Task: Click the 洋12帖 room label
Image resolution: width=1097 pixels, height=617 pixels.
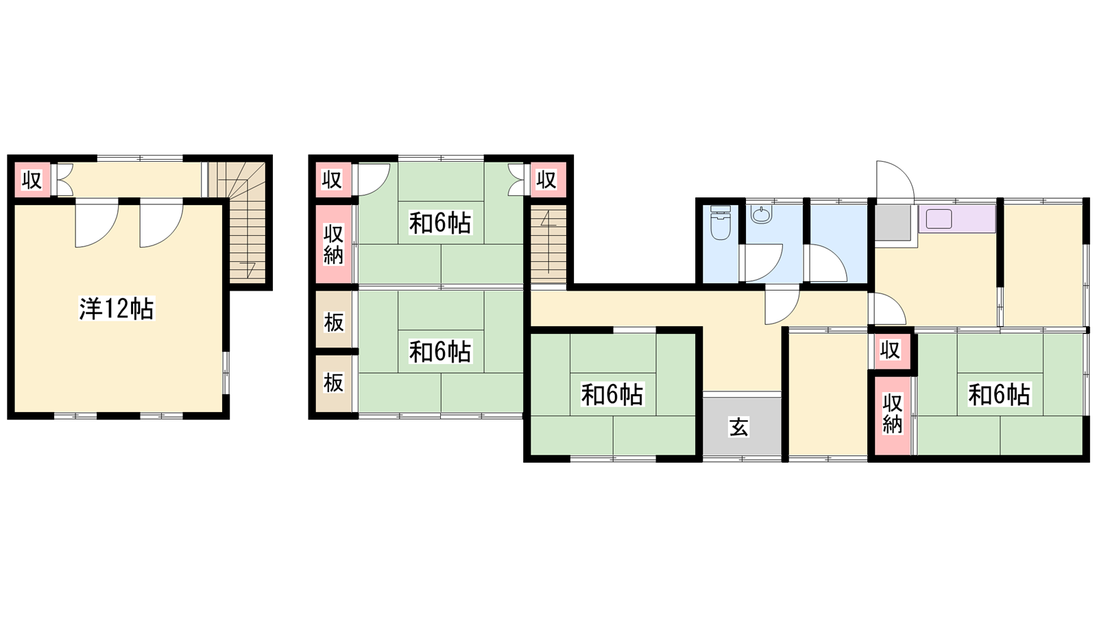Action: (x=117, y=308)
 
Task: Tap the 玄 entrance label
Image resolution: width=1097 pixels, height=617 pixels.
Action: (x=739, y=427)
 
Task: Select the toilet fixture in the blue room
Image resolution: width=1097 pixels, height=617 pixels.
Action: (x=721, y=223)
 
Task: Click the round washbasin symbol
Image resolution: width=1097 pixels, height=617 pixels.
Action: (x=761, y=215)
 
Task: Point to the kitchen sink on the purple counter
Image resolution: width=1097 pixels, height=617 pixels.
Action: (x=939, y=219)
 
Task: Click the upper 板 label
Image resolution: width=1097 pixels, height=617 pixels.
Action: (x=333, y=322)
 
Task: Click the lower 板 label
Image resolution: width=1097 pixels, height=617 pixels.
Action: (x=333, y=383)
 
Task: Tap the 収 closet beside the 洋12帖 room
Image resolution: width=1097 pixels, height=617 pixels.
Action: (x=32, y=180)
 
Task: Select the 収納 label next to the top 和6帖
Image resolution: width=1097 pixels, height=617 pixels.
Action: (x=333, y=244)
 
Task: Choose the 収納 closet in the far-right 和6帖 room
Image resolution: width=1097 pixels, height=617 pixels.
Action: (x=892, y=415)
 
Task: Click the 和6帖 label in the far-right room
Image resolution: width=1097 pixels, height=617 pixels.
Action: (x=1000, y=394)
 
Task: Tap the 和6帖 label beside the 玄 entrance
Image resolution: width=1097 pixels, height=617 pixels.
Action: (x=612, y=394)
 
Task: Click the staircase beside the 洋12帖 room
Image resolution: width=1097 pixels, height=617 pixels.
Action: (x=240, y=222)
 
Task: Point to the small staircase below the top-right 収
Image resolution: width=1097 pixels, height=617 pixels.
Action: (x=548, y=244)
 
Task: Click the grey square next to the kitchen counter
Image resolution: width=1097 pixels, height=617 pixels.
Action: (x=893, y=223)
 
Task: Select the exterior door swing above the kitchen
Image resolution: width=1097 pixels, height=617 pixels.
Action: (x=895, y=181)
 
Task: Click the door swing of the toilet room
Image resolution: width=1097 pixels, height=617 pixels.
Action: (x=763, y=263)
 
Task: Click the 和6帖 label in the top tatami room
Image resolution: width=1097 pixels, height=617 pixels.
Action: (x=440, y=223)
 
